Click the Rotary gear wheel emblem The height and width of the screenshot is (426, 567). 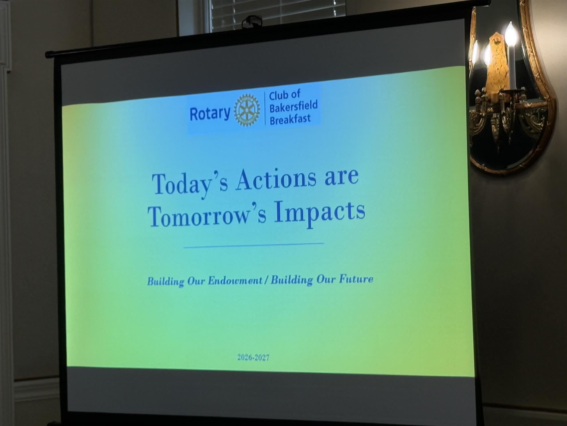tap(247, 110)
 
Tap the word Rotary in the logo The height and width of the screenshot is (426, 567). tap(210, 113)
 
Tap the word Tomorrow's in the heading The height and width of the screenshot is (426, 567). tap(207, 215)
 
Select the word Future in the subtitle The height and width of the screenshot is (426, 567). tap(356, 279)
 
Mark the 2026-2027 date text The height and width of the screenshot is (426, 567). tap(253, 357)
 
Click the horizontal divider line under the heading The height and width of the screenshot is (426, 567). tap(254, 245)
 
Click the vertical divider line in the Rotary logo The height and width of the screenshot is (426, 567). tap(265, 108)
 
